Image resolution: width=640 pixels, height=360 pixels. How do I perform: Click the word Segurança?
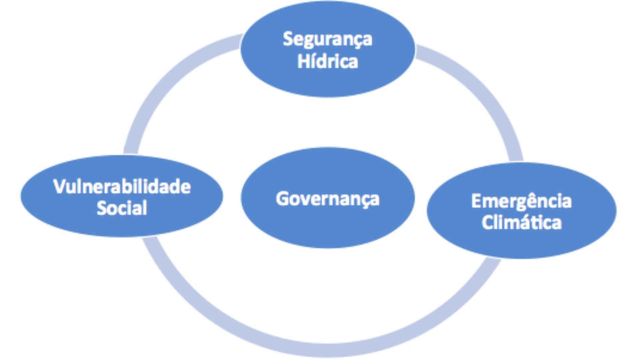pyautogui.click(x=327, y=39)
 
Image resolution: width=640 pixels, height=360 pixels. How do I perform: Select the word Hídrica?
pyautogui.click(x=327, y=62)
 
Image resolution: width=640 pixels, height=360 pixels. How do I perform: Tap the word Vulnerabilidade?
pyautogui.click(x=122, y=187)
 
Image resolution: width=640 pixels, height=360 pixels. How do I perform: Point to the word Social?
pyautogui.click(x=122, y=208)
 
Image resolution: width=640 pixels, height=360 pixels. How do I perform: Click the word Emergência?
pyautogui.click(x=521, y=201)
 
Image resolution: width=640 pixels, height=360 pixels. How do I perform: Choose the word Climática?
pyautogui.click(x=521, y=222)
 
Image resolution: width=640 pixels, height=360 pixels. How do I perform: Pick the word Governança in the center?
pyautogui.click(x=327, y=199)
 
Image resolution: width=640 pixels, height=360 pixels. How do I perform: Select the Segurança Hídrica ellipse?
pyautogui.click(x=327, y=80)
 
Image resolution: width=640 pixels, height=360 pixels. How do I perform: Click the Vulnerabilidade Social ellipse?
pyautogui.click(x=122, y=223)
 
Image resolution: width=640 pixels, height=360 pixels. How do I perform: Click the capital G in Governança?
pyautogui.click(x=282, y=199)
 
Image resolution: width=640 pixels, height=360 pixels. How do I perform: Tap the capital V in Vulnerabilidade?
pyautogui.click(x=59, y=187)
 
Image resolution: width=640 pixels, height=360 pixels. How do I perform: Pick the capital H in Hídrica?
pyautogui.click(x=302, y=62)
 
